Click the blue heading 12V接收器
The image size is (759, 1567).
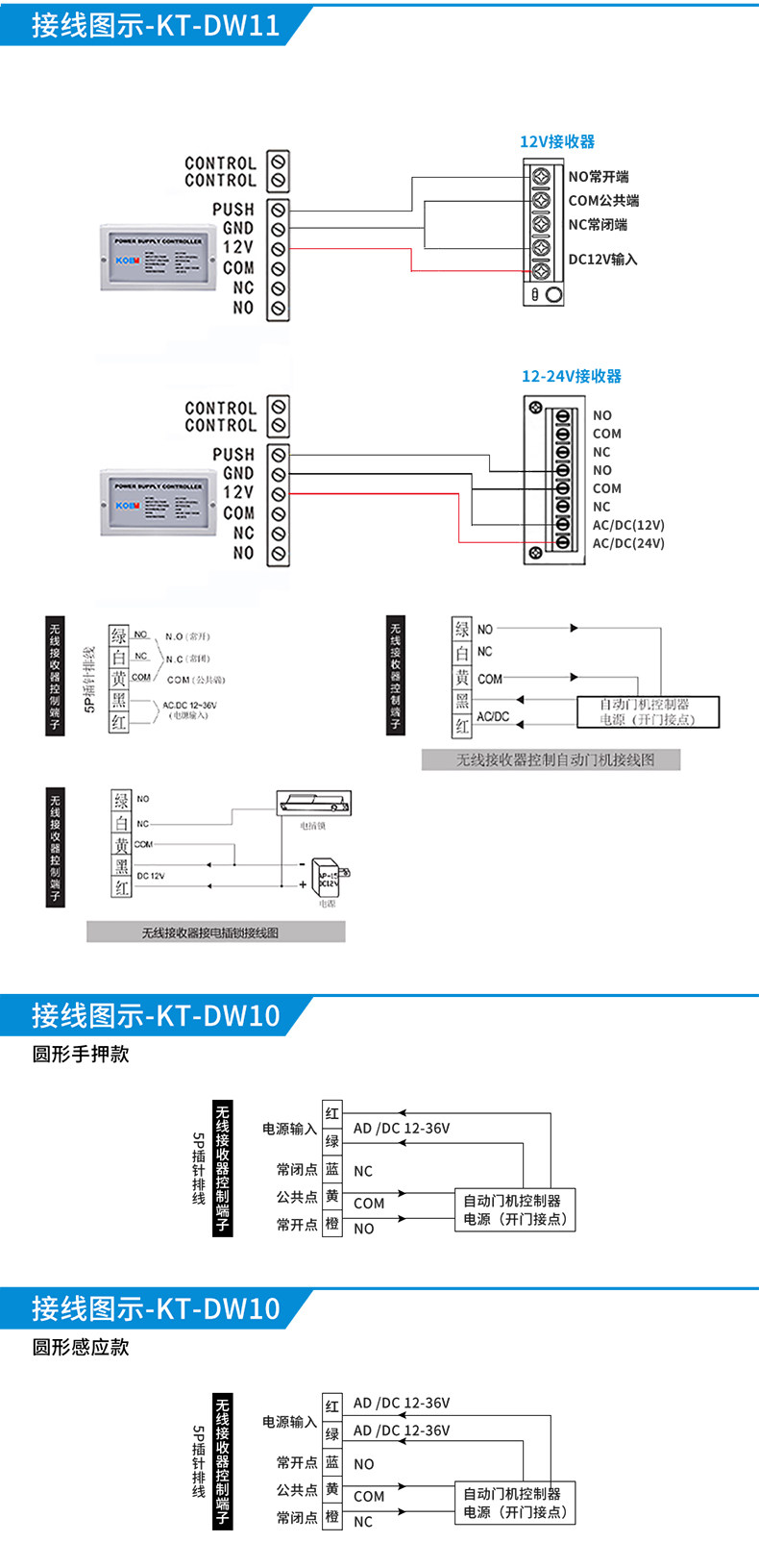tap(556, 141)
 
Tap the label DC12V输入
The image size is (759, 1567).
tap(602, 259)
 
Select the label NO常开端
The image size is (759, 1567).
tap(599, 176)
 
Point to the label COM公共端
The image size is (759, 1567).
tap(603, 200)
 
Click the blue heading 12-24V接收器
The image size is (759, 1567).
tap(571, 376)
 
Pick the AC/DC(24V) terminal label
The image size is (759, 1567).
tap(628, 543)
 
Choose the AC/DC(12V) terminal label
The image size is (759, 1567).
tap(628, 525)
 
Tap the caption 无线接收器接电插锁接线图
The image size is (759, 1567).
tap(210, 933)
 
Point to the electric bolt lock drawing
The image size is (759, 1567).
tap(313, 803)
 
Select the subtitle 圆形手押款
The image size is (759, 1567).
tap(81, 1054)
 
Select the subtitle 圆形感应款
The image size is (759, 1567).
tap(81, 1347)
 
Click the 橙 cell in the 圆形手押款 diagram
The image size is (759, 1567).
tap(332, 1224)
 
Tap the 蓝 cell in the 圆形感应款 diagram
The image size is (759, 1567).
tap(332, 1462)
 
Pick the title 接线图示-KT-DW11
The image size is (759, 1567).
tap(156, 24)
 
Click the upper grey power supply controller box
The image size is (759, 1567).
tap(158, 257)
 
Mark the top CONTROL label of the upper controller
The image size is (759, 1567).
tap(220, 163)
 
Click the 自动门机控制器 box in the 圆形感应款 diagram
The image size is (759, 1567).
tap(515, 1503)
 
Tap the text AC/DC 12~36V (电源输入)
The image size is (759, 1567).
tap(189, 709)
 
